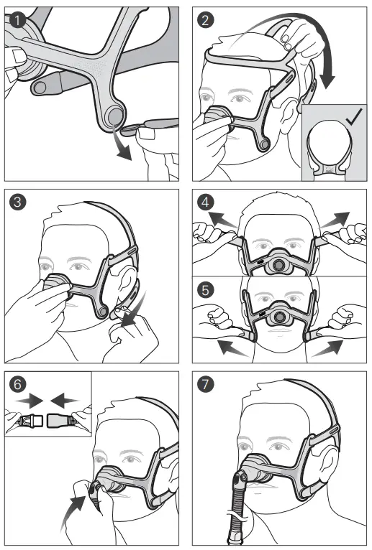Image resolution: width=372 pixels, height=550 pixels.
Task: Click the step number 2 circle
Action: click(x=207, y=19)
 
